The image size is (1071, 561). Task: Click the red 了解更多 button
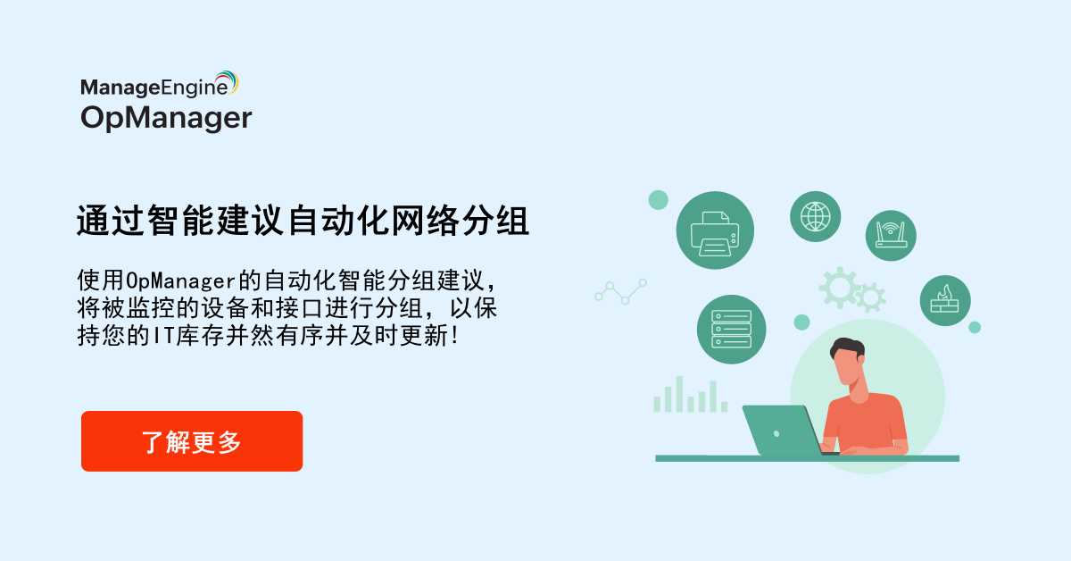[x=192, y=441]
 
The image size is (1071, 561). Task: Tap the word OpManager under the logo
[x=166, y=117]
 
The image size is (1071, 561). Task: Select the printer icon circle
[x=715, y=230]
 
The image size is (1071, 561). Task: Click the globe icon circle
[x=815, y=216]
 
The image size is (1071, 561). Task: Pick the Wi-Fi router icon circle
[x=891, y=235]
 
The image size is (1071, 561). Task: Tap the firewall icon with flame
[x=944, y=299]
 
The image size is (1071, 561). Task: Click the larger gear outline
[x=839, y=286]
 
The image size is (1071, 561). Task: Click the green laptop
[x=782, y=430]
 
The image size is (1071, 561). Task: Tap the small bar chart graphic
[x=689, y=395]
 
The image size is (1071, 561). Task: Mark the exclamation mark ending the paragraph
[x=459, y=337]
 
